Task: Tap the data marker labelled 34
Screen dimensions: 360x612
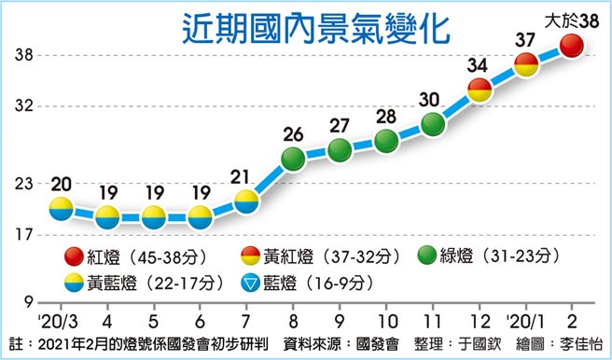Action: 480,90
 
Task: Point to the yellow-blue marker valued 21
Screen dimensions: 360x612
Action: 246,201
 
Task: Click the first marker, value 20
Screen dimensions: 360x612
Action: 61,208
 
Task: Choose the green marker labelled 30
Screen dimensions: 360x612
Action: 432,124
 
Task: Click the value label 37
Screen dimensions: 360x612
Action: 525,40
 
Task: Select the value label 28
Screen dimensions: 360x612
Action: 386,116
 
